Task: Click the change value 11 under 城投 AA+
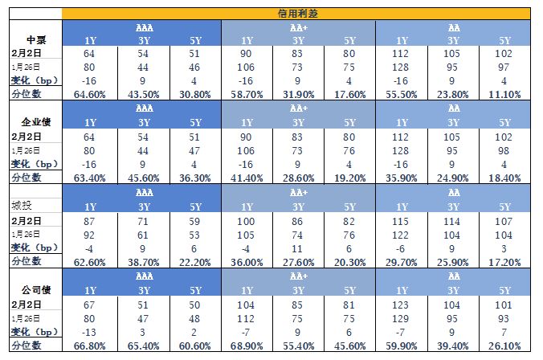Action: tap(298, 248)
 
